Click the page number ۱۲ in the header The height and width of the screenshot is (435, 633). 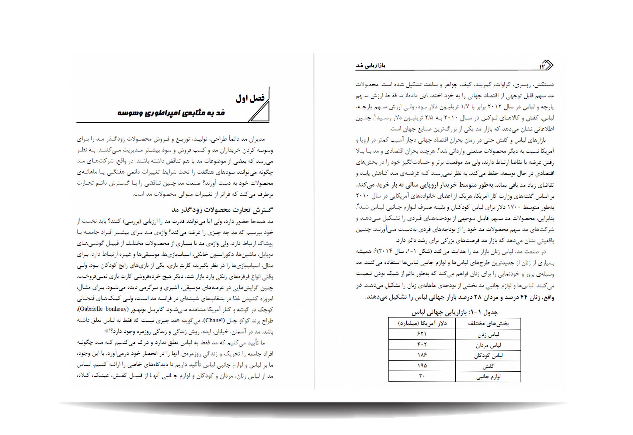click(542, 66)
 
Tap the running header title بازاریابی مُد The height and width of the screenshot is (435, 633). click(371, 66)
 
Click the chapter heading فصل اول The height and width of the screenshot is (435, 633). click(250, 98)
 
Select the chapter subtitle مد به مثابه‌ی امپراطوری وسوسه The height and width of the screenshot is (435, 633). click(171, 113)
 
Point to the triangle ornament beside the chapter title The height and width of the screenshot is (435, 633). click(261, 112)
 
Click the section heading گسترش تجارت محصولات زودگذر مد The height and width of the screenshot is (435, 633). click(222, 210)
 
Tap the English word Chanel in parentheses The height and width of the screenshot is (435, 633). click(214, 320)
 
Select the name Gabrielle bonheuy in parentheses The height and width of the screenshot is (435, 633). click(104, 309)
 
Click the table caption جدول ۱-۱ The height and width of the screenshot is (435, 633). click(454, 312)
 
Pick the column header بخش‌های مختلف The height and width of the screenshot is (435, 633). click(488, 323)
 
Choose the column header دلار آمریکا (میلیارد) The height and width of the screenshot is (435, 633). click(422, 323)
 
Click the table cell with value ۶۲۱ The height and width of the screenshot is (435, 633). click(422, 334)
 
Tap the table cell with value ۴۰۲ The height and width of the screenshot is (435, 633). click(422, 345)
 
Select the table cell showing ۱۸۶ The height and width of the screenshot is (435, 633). click(422, 355)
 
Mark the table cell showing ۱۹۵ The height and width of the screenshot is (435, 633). click(422, 366)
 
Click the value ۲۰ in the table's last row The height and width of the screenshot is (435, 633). click(422, 376)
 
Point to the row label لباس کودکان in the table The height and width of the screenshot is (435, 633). click(488, 355)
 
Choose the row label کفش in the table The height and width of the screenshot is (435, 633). click(488, 366)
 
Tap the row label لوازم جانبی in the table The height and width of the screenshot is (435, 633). click(488, 376)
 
